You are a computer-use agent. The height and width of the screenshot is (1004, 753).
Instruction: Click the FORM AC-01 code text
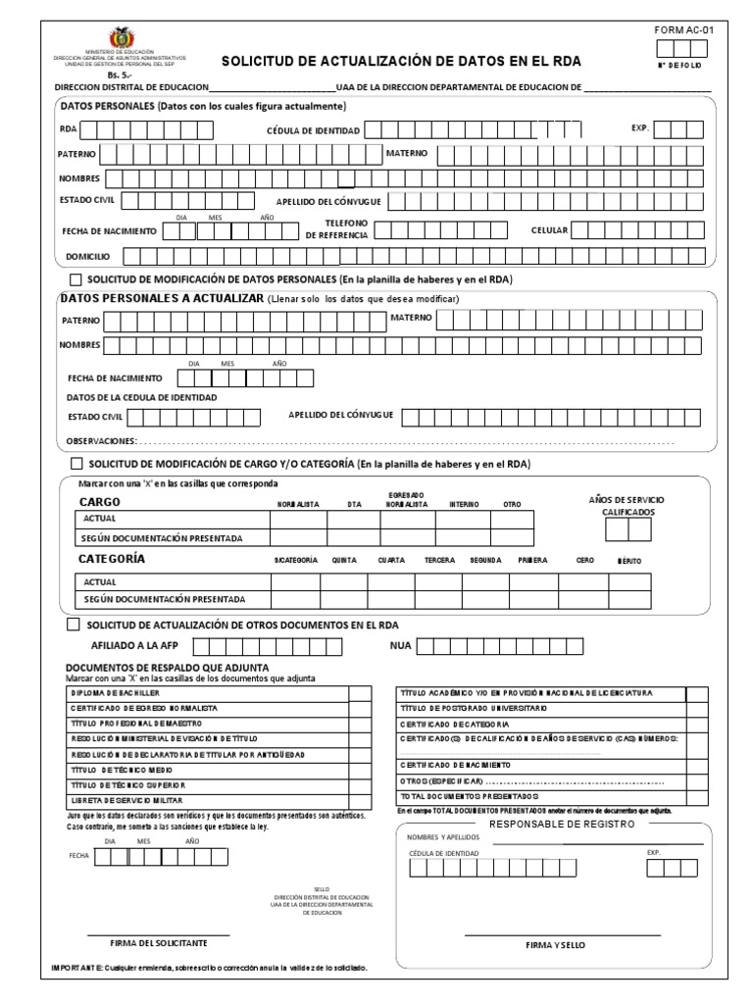coord(684,31)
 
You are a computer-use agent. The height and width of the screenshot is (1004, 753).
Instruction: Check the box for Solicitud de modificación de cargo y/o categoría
coord(75,463)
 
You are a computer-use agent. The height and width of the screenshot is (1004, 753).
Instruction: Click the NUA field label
coord(401,646)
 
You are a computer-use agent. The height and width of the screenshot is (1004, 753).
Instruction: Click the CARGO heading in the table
coord(99,501)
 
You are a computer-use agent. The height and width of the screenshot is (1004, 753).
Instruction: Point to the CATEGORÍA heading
coord(111,558)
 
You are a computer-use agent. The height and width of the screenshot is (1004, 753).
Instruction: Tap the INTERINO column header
coord(464,504)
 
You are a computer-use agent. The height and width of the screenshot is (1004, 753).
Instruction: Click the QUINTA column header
coord(344,560)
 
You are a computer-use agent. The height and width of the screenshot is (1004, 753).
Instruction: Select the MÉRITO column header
coord(629,560)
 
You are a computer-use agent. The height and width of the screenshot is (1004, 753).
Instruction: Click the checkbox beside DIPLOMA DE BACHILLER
coord(360,693)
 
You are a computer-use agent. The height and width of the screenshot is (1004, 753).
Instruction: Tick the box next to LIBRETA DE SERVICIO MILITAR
coord(360,801)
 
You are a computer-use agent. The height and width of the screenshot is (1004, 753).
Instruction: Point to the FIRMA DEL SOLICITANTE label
coord(158,942)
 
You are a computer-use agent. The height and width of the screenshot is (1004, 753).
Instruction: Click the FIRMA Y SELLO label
coord(555,945)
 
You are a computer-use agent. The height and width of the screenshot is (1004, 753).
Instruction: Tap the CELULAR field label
coord(550,230)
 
